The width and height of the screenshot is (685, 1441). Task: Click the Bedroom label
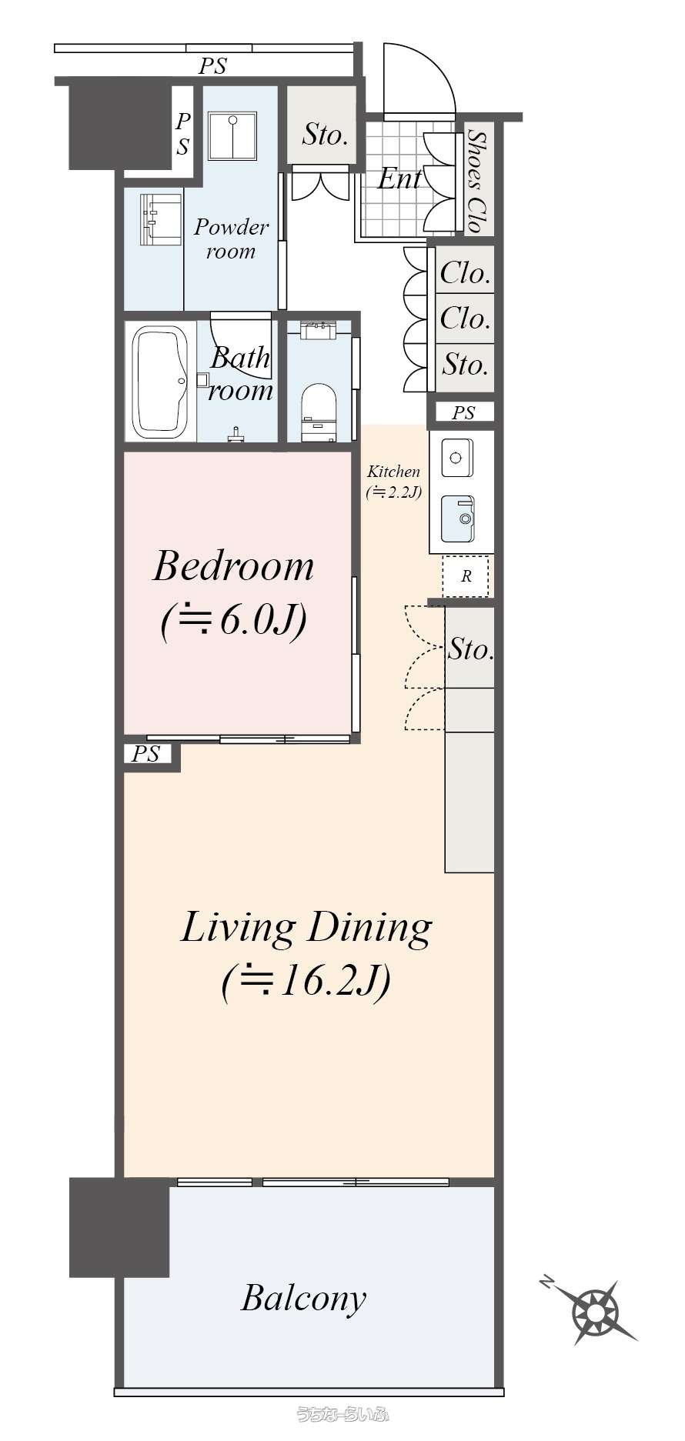[233, 567]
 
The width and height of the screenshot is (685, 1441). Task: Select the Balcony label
[303, 1298]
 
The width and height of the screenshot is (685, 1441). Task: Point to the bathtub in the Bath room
[162, 382]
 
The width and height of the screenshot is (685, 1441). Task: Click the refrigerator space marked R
[466, 575]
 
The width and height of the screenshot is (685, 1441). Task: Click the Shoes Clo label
[476, 182]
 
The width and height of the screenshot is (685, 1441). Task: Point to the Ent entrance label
[399, 179]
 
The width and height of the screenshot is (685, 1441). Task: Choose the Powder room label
[231, 238]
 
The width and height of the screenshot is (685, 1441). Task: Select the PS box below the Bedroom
[150, 755]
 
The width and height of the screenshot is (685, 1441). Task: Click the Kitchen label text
[393, 472]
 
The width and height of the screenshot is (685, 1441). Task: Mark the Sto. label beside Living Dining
[470, 649]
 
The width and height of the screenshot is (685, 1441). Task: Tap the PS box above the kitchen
[463, 413]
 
